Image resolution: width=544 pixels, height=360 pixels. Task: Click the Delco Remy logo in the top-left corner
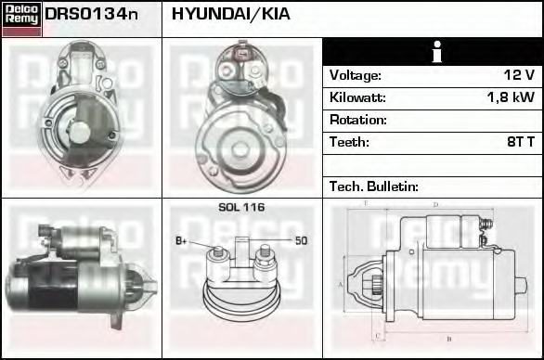click(x=21, y=18)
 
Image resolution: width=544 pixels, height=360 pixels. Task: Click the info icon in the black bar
click(x=433, y=53)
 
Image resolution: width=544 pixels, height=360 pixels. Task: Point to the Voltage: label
click(x=356, y=75)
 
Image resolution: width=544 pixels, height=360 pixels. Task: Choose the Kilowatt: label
click(x=357, y=97)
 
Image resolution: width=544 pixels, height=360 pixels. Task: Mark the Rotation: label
click(x=358, y=120)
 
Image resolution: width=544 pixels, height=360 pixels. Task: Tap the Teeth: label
click(x=349, y=142)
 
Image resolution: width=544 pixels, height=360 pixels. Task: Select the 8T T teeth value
click(x=519, y=142)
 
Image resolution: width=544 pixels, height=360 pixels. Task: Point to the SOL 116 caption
click(x=241, y=207)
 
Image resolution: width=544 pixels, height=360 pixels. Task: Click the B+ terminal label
click(x=182, y=241)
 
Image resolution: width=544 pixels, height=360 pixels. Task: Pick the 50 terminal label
click(x=301, y=241)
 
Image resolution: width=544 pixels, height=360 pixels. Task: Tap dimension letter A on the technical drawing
click(x=342, y=284)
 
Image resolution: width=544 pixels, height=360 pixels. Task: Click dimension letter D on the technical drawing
click(x=436, y=205)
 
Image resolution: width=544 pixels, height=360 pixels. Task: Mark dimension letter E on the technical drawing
click(x=366, y=202)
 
